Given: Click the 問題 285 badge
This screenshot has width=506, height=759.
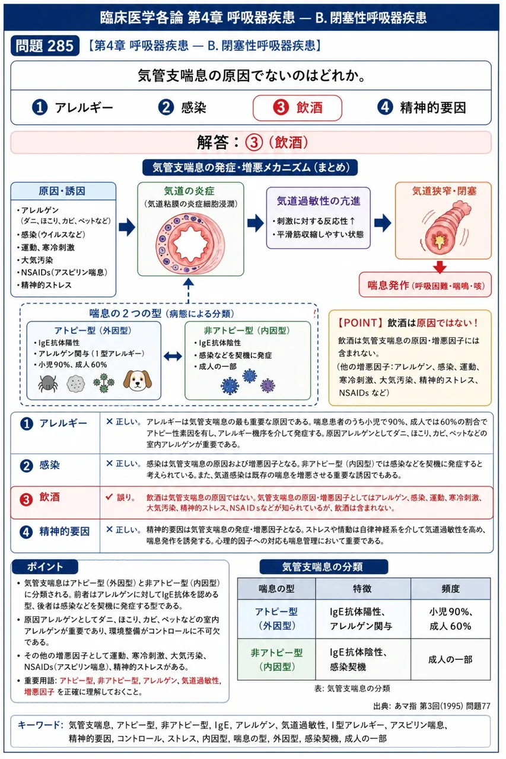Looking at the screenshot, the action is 45,46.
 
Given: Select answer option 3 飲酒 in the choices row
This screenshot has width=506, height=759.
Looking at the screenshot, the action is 297,108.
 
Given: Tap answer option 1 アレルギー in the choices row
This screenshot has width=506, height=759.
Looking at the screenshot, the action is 72,108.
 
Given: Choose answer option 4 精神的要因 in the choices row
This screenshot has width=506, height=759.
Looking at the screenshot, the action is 422,107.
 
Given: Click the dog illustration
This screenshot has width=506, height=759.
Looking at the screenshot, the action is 137,380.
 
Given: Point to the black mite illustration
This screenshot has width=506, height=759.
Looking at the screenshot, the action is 48,383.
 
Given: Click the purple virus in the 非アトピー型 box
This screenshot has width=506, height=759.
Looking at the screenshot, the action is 268,385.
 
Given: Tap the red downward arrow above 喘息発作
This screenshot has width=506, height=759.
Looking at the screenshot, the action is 440,266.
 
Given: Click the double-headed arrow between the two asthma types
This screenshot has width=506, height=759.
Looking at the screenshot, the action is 173,356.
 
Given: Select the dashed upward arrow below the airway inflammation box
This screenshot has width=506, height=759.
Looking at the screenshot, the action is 189,291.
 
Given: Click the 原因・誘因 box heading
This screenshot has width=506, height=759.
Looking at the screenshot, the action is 62,191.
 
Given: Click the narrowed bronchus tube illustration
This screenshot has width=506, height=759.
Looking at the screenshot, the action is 444,228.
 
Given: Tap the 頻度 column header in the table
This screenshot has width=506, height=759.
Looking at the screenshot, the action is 450,589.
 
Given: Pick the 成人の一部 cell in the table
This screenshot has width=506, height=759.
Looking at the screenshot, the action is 450,659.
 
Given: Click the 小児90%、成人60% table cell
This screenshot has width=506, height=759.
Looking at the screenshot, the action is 450,618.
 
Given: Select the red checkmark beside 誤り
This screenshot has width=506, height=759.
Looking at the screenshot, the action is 109,497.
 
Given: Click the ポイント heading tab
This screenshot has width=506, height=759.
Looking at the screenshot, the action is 44,566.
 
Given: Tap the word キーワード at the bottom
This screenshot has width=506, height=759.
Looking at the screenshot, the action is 40,725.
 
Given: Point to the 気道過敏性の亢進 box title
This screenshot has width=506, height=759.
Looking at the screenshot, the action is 318,201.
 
